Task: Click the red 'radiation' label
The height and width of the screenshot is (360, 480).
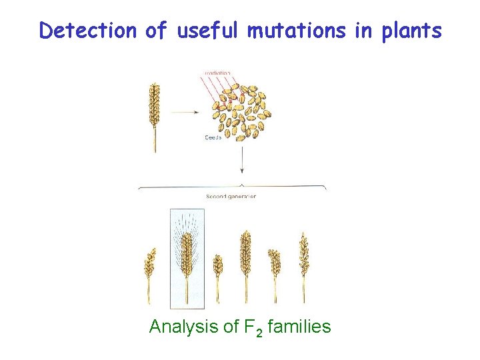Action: [x=218, y=73]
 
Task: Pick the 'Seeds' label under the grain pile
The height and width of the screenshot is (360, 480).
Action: [x=214, y=138]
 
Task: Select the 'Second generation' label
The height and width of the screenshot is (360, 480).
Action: [x=231, y=197]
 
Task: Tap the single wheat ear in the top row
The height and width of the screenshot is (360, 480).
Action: [x=155, y=110]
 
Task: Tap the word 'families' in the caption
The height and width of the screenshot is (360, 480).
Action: [x=297, y=327]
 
